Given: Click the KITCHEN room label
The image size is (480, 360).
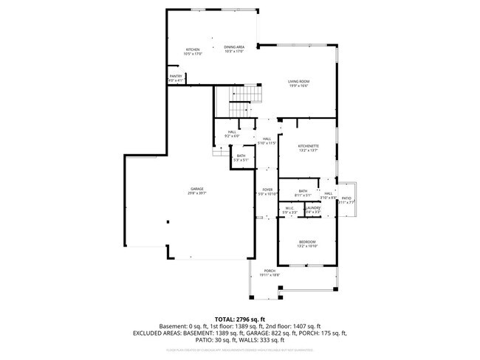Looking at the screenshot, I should coord(193,49).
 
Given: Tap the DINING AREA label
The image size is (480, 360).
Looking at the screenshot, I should coord(234,47).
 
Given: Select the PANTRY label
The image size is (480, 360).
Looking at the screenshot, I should coord(176,76).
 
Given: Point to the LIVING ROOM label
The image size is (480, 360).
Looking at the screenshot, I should coord(298,81).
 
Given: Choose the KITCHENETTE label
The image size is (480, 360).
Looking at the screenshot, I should coord(308,146).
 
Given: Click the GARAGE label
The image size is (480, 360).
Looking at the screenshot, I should coord(196,189).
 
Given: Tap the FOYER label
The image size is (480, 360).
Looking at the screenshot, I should coord(268,190).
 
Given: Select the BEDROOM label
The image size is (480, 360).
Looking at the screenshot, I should coord(307,242).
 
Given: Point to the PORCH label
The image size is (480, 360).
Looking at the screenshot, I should coord(270,271).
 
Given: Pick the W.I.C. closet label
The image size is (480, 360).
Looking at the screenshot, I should coord(291,209).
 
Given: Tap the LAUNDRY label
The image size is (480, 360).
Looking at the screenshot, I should coord(313,209).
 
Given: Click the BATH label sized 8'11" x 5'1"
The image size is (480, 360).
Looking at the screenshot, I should coord(303,191).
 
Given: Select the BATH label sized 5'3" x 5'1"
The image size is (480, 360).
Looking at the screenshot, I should coord(241,156).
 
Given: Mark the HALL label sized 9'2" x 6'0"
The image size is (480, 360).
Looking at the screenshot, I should coord(232,132).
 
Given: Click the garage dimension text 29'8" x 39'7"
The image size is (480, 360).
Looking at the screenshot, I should coord(196,193).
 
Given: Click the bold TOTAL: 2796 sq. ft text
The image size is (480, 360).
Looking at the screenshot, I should coord(240,317).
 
